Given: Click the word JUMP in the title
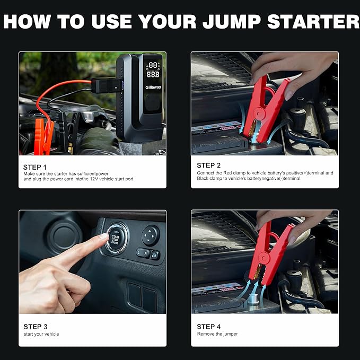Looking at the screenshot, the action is coord(232,22).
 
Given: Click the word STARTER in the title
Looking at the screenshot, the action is coord(313,22).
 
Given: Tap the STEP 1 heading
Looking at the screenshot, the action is coord(34,167).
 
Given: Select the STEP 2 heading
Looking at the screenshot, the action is coord(208,165).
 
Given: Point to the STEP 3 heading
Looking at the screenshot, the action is coord(36,327).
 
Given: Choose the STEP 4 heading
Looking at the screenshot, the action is coord(208,327).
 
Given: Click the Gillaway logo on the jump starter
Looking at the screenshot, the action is coord(153,87).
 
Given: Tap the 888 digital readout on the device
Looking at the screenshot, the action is coord(153,74).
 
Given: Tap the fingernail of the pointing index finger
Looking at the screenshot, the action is coord(104,236).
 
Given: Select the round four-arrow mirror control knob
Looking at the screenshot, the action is coord(151,235).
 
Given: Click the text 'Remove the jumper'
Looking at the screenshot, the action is coord(217,334).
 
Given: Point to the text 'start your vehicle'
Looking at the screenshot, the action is coord(41,334).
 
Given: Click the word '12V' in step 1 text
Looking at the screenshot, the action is coord(94,179).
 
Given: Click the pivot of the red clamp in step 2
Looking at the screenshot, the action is coord(260,113).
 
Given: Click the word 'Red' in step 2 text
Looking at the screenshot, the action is coord(227,173).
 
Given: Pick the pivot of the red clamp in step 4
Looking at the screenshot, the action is coord(264,258).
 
